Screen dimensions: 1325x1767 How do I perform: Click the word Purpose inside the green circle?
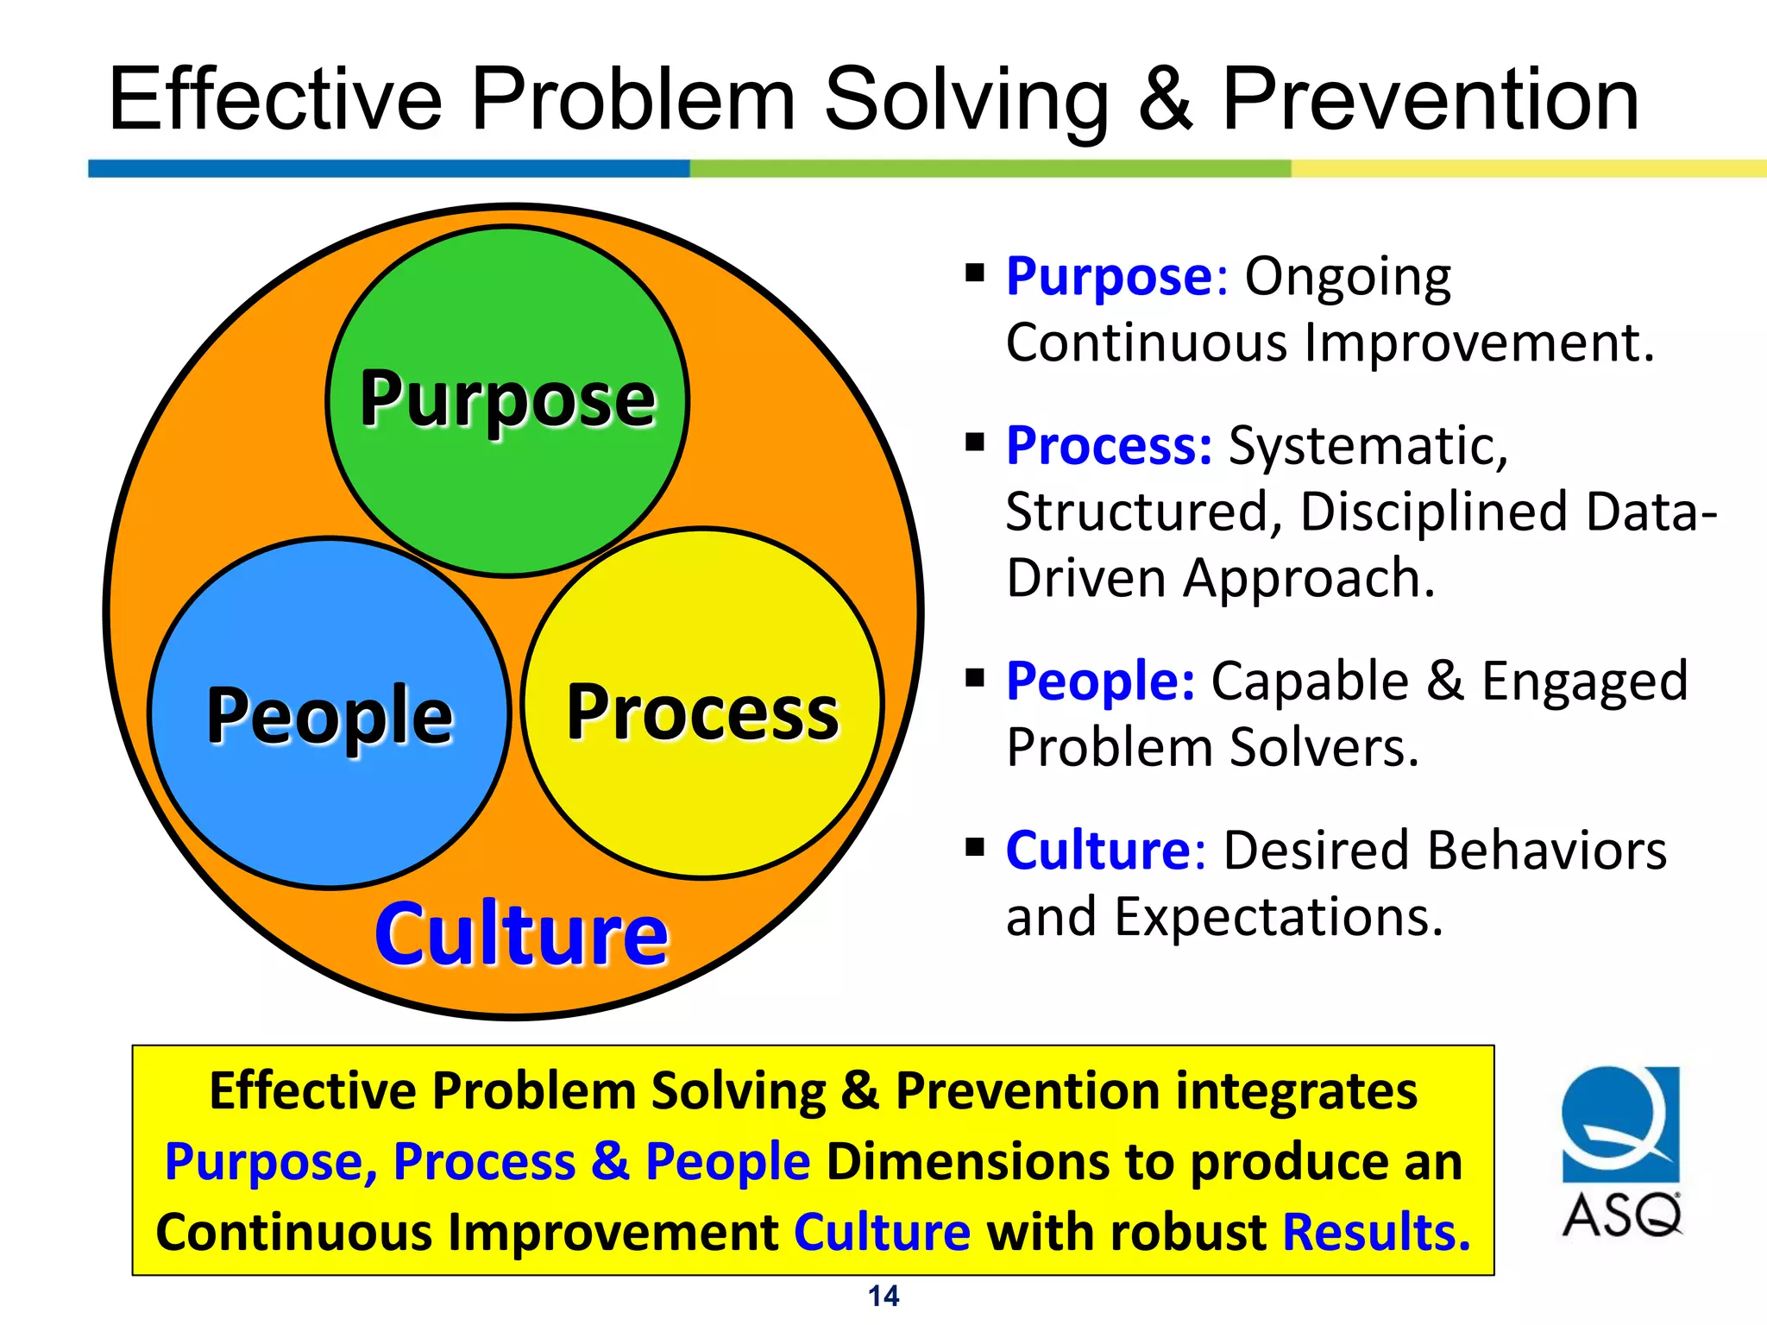[x=508, y=399]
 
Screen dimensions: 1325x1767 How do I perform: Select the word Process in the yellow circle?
[x=702, y=713]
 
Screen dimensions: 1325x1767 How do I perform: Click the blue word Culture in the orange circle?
[x=521, y=934]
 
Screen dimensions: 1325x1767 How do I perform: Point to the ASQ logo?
[x=1620, y=1152]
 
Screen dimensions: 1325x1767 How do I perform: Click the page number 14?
[x=883, y=1296]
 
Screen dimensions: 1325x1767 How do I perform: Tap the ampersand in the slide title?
[x=1166, y=100]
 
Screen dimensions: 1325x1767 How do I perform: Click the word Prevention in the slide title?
[x=1430, y=100]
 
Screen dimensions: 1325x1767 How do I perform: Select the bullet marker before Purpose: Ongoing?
[x=975, y=274]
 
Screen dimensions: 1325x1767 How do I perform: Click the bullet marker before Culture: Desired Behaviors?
[x=975, y=846]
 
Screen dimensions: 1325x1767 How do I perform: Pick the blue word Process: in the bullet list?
[x=1110, y=446]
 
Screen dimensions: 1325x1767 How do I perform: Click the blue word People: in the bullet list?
[x=1101, y=681]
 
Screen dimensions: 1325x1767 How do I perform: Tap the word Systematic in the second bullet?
[x=1368, y=446]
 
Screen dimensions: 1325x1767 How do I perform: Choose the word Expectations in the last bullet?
[x=1279, y=916]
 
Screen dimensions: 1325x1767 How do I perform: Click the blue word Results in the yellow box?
[x=1375, y=1232]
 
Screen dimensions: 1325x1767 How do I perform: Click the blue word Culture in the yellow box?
[x=882, y=1232]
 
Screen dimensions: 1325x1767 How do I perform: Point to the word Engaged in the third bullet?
[x=1584, y=681]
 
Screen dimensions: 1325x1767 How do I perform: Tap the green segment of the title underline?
[x=990, y=168]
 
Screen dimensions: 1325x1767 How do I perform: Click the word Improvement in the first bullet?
[x=1479, y=342]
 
